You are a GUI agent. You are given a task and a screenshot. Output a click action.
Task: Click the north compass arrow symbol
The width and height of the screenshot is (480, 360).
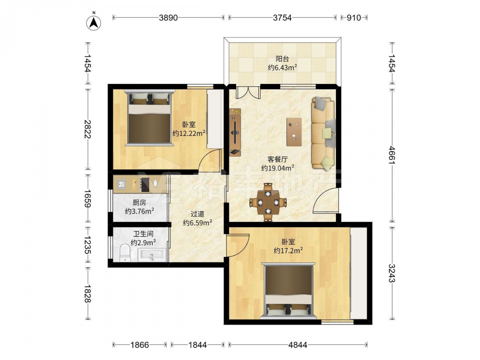tap(94, 23)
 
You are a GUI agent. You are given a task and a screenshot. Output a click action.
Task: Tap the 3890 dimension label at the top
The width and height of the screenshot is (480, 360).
tap(168, 18)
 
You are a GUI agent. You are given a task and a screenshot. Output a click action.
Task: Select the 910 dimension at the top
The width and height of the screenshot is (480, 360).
tap(354, 18)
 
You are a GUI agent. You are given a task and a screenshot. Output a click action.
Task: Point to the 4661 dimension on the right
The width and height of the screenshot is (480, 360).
tap(392, 156)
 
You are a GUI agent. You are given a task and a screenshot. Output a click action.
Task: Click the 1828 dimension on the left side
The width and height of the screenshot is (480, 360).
tap(87, 294)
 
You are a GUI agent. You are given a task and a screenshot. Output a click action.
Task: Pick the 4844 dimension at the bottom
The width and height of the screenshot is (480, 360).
tap(298, 345)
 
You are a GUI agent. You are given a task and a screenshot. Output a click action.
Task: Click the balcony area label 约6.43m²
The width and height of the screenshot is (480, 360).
tap(282, 68)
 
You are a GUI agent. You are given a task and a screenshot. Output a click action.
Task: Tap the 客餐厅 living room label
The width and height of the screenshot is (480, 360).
tap(277, 159)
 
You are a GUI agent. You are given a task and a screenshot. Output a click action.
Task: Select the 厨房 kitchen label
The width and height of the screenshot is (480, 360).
tap(139, 203)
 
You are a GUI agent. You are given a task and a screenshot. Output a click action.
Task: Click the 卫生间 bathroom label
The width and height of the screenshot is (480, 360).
tap(143, 234)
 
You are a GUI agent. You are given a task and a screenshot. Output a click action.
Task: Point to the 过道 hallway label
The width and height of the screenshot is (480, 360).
tap(197, 214)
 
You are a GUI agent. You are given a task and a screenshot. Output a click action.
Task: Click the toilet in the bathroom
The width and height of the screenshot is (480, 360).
tap(125, 252)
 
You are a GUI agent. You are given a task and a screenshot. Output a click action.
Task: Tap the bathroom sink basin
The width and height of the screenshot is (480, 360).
tap(152, 255)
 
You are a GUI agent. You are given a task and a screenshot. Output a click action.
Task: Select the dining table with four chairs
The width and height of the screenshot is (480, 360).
tap(268, 203)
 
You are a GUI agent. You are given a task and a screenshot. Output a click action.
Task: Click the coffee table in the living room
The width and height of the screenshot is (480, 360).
tap(294, 132)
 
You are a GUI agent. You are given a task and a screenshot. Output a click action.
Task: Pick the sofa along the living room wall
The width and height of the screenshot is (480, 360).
tap(324, 133)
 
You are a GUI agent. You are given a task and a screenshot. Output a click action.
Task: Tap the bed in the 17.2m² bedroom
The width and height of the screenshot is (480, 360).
tap(288, 290)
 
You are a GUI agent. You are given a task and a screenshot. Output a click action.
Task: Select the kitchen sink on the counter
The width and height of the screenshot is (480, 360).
tap(121, 184)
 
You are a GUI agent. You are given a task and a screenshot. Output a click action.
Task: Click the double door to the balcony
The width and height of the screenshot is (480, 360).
tap(248, 92)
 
